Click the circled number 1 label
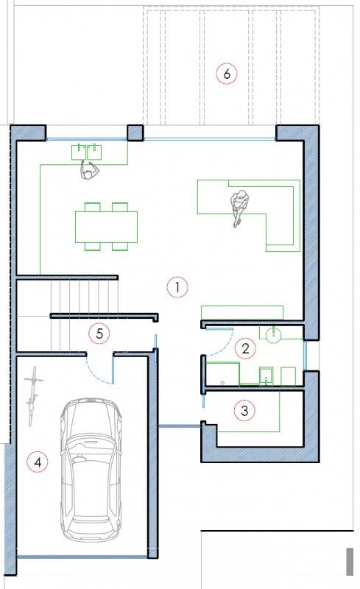[x=177, y=287]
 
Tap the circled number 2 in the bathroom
[x=245, y=348]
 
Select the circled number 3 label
[x=244, y=410]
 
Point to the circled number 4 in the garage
[x=38, y=462]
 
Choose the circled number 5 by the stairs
[x=99, y=334]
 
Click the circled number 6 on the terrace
[x=227, y=73]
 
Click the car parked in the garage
[x=91, y=470]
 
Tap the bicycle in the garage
[x=33, y=396]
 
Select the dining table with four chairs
[x=106, y=227]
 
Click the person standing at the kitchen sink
[x=89, y=170]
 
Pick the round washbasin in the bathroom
[x=274, y=334]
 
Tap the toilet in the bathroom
[x=266, y=375]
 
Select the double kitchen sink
[x=87, y=152]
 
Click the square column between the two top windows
[x=135, y=133]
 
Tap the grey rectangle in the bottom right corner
[x=350, y=561]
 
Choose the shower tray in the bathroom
[x=223, y=374]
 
